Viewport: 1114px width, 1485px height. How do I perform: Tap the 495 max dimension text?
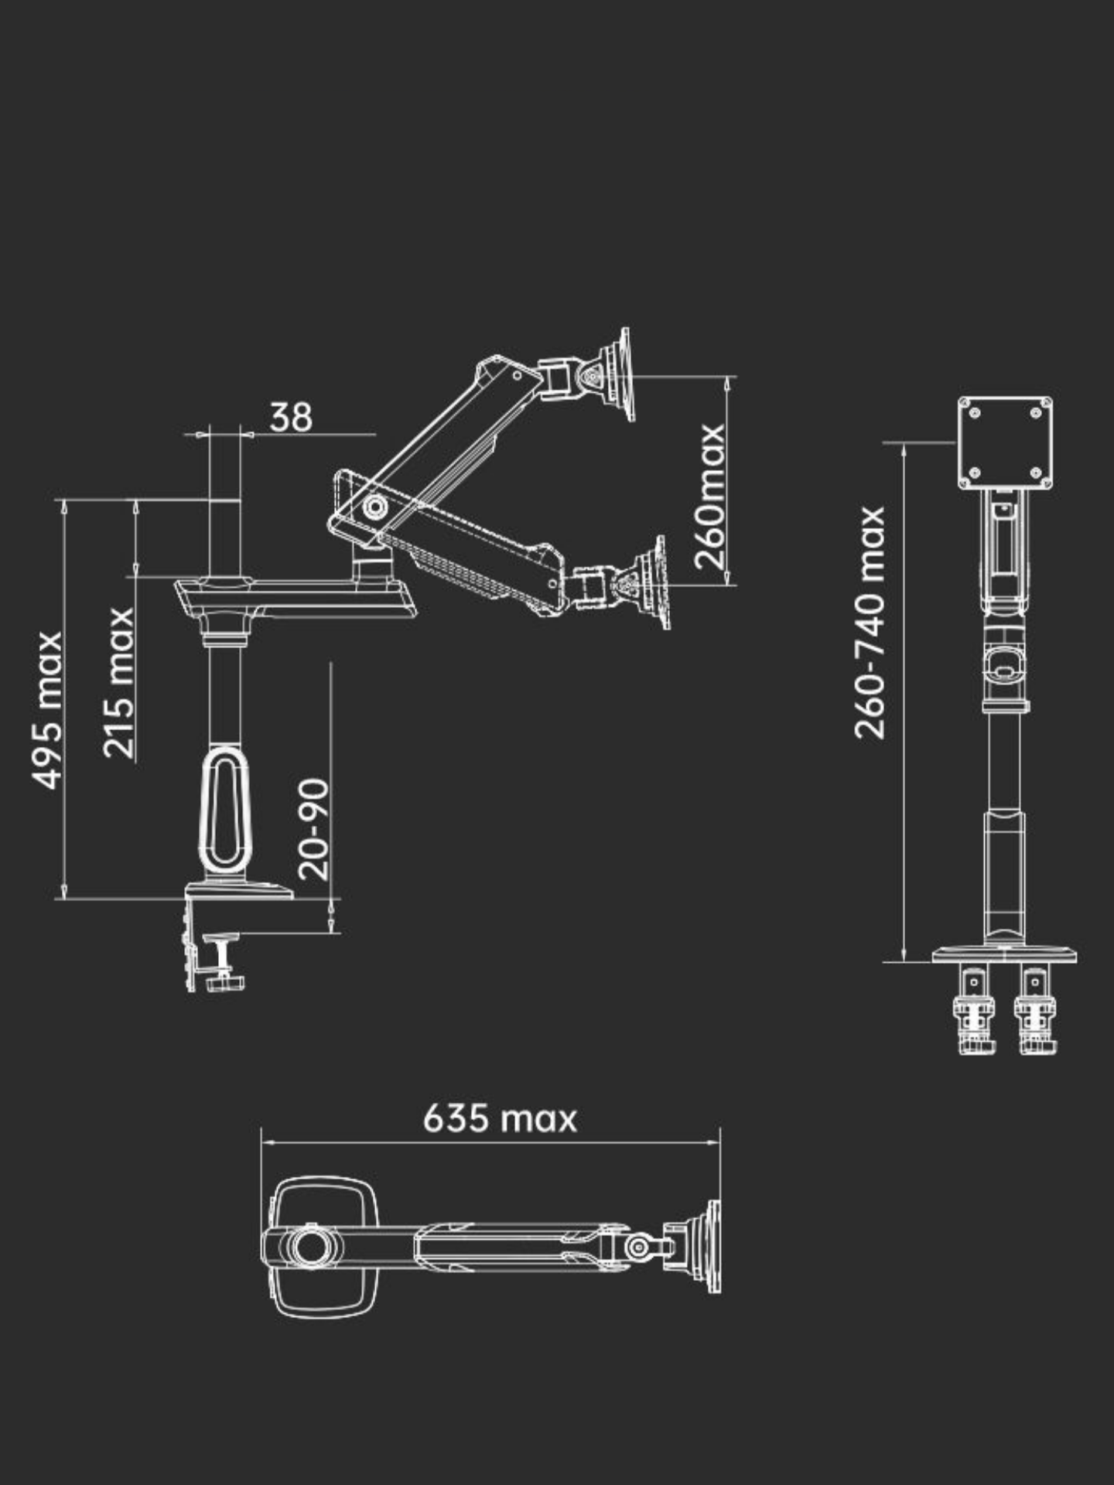[48, 710]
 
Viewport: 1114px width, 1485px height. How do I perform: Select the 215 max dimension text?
[120, 682]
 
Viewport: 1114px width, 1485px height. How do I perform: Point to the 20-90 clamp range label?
[313, 828]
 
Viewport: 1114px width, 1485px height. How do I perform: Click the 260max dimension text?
[709, 496]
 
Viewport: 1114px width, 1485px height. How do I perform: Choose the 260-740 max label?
[870, 623]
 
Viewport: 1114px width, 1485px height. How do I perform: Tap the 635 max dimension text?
[500, 1119]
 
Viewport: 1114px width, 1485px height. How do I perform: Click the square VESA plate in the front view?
[1005, 442]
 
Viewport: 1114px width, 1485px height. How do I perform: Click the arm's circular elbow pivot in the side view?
[377, 507]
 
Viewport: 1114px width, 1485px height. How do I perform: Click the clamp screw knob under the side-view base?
[224, 981]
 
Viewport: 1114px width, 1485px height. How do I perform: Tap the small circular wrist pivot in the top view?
[639, 1247]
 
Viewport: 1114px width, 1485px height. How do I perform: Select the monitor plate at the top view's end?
[712, 1246]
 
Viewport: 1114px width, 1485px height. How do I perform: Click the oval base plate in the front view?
[1004, 955]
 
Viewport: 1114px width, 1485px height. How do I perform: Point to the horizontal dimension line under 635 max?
[490, 1141]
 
